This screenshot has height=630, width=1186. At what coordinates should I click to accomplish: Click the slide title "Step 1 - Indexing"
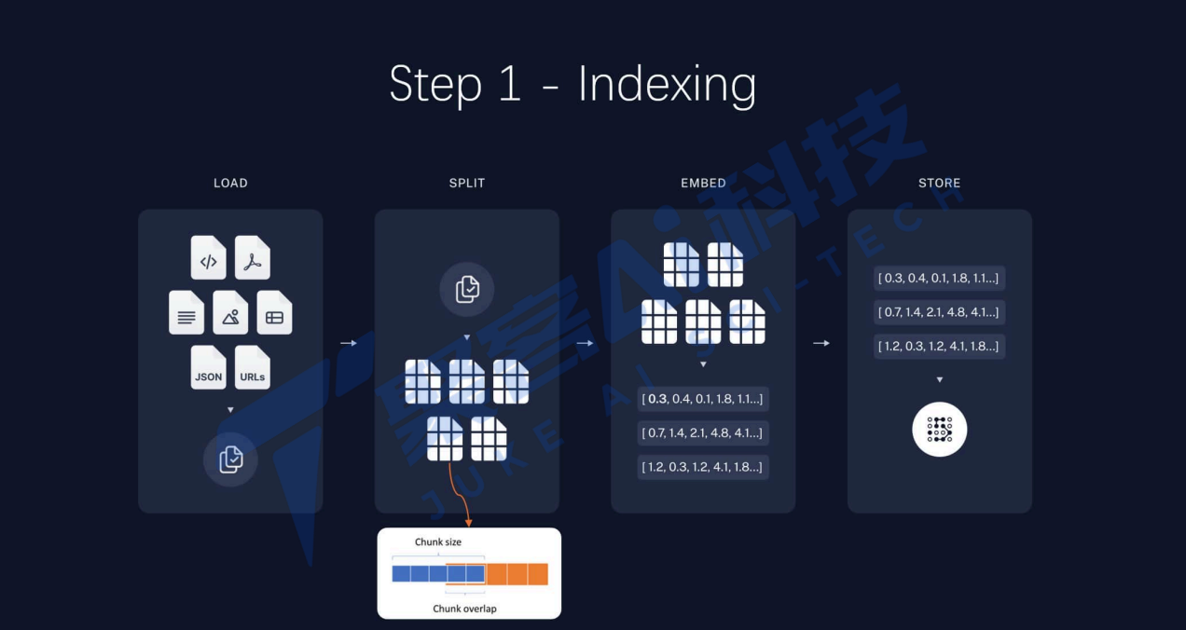click(x=572, y=85)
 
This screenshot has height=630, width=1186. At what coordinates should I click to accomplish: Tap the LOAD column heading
click(x=230, y=183)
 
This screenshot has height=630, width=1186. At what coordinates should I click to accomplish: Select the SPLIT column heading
click(x=467, y=183)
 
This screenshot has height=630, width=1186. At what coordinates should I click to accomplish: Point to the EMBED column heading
click(x=703, y=183)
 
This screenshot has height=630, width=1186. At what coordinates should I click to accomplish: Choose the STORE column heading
click(x=939, y=183)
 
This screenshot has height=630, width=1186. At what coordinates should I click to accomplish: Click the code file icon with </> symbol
click(x=209, y=257)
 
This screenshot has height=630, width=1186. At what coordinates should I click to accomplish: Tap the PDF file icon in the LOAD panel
click(x=252, y=257)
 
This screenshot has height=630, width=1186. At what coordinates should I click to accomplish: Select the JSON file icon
click(x=209, y=367)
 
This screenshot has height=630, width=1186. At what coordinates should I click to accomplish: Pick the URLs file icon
click(x=252, y=367)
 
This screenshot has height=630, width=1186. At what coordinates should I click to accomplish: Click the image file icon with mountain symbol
click(x=230, y=312)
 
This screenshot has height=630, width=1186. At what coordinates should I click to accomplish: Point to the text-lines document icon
click(x=186, y=312)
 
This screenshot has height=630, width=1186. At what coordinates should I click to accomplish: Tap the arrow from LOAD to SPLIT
click(x=349, y=343)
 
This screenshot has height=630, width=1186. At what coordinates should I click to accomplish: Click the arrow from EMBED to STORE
click(x=821, y=343)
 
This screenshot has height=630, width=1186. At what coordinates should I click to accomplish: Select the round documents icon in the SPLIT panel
click(x=467, y=289)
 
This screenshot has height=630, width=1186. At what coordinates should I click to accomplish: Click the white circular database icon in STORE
click(x=939, y=429)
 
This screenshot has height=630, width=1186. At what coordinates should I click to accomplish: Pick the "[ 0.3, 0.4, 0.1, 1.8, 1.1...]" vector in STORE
click(x=940, y=278)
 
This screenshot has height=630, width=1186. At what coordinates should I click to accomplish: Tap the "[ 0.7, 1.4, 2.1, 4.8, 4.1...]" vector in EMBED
click(x=703, y=432)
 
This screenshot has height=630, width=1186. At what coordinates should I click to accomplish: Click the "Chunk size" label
click(x=438, y=541)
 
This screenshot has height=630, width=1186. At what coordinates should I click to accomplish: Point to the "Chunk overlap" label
click(x=464, y=609)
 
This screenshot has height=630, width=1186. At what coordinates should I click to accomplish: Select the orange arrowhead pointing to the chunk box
click(x=468, y=522)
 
